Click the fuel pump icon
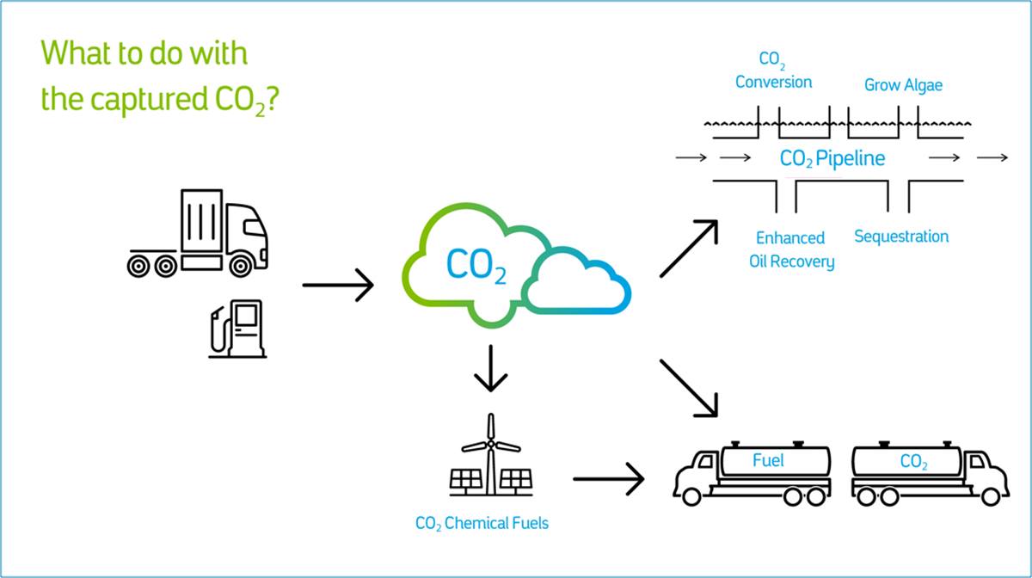tap(237, 329)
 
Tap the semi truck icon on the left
tap(198, 233)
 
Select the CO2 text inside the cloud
tap(476, 266)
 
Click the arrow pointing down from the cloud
tap(491, 368)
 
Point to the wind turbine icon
tap(491, 454)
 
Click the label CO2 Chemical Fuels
tap(482, 524)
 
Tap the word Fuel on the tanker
tap(768, 460)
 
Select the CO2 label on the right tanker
tap(914, 461)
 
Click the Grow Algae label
tap(903, 85)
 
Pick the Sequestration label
tap(901, 237)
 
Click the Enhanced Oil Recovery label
tap(791, 249)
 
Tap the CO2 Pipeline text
tap(832, 158)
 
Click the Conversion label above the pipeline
tap(773, 82)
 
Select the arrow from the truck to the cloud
tap(338, 286)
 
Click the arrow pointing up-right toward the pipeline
tap(689, 249)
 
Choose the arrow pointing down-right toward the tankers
tap(689, 389)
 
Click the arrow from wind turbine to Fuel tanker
tap(608, 479)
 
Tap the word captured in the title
tap(149, 99)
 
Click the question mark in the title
tap(273, 98)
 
